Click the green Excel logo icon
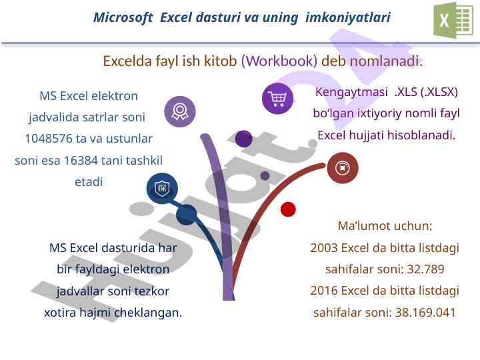click(x=453, y=19)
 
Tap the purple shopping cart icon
click(x=277, y=98)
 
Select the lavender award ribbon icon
click(x=180, y=111)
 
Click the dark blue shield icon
click(x=162, y=188)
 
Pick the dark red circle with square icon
click(x=343, y=168)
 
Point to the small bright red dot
click(x=288, y=209)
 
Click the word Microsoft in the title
click(x=123, y=17)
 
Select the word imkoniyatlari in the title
click(x=348, y=17)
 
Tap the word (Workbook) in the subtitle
click(x=279, y=61)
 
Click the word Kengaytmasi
click(x=351, y=92)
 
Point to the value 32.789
click(x=425, y=269)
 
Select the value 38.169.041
click(x=425, y=312)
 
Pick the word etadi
click(x=89, y=182)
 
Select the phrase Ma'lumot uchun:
click(x=385, y=226)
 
